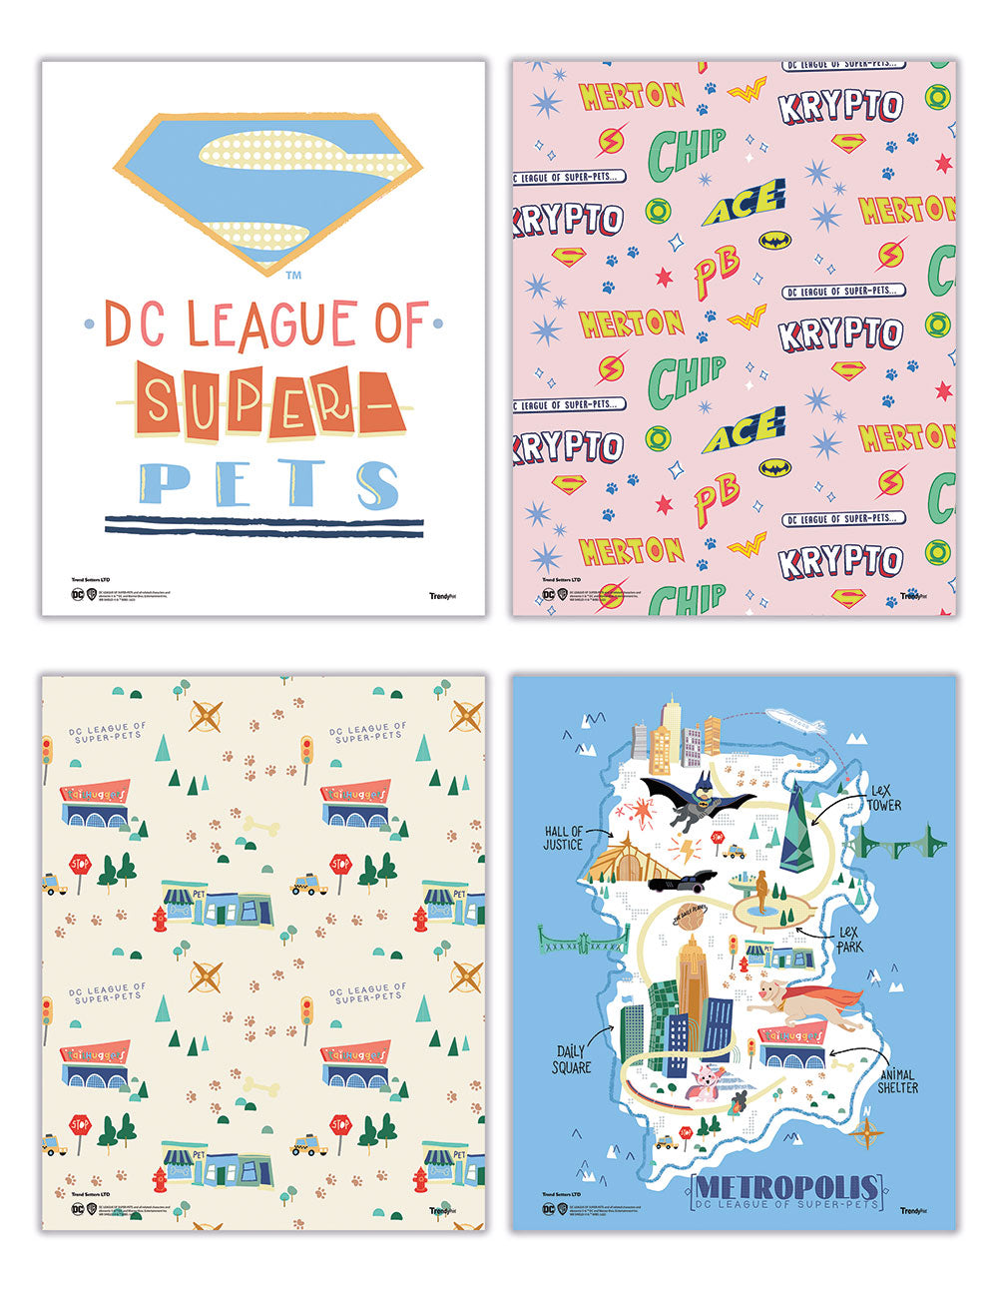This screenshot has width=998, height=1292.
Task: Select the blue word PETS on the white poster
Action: pos(267,483)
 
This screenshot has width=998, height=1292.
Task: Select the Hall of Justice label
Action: pos(564,838)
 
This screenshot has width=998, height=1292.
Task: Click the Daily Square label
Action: pos(571,1059)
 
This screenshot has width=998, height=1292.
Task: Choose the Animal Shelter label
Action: pos(896,1080)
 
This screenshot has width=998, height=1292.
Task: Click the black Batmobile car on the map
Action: pos(684,879)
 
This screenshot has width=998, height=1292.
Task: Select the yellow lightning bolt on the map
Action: pos(688,850)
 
